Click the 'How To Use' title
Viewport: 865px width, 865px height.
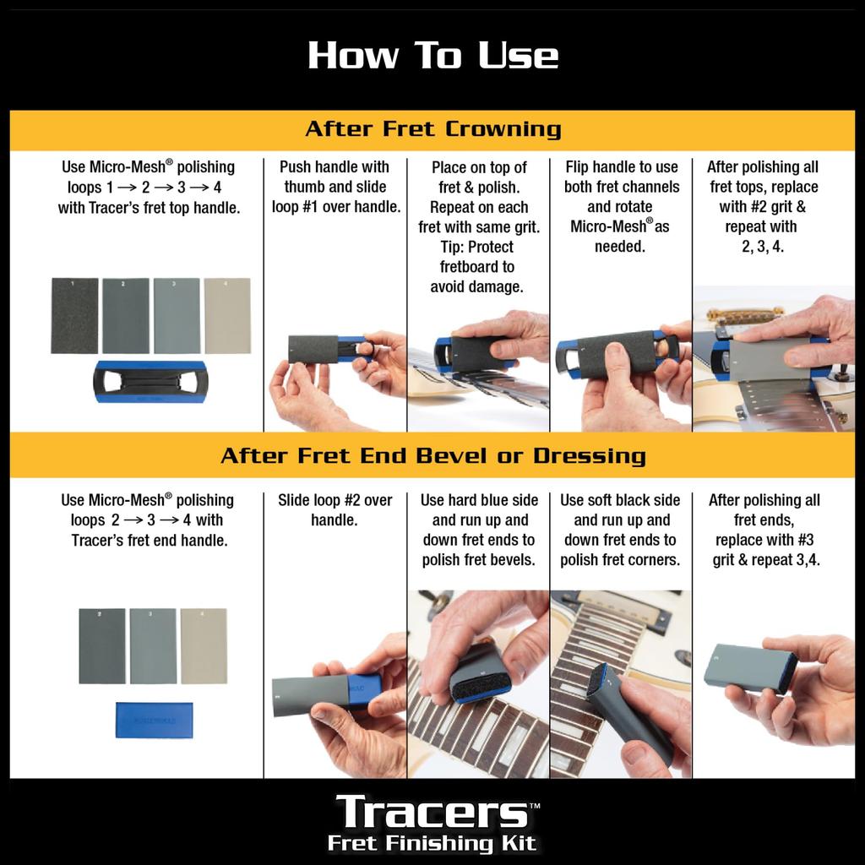[x=432, y=56]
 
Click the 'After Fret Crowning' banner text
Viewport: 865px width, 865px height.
[x=432, y=129]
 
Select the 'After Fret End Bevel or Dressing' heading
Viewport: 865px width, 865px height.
[x=432, y=456]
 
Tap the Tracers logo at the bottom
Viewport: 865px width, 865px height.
[x=432, y=812]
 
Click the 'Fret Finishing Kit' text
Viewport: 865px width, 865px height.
[x=432, y=842]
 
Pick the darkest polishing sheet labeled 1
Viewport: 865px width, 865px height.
[x=74, y=315]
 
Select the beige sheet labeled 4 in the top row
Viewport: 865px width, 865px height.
[x=227, y=315]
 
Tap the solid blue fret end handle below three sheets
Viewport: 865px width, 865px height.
[x=153, y=719]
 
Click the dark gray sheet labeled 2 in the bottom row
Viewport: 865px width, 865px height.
[x=101, y=645]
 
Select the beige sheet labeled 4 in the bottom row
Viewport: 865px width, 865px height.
[x=204, y=645]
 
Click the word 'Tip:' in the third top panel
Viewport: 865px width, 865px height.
[x=450, y=247]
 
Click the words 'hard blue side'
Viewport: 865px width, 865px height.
[x=478, y=500]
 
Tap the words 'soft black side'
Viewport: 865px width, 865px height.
[x=621, y=500]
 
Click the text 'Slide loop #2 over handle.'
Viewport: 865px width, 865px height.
[x=335, y=509]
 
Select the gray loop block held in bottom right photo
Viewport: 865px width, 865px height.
[x=748, y=666]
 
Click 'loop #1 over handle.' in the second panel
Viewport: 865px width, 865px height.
[x=335, y=207]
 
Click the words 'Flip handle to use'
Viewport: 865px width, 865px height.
[x=621, y=167]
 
